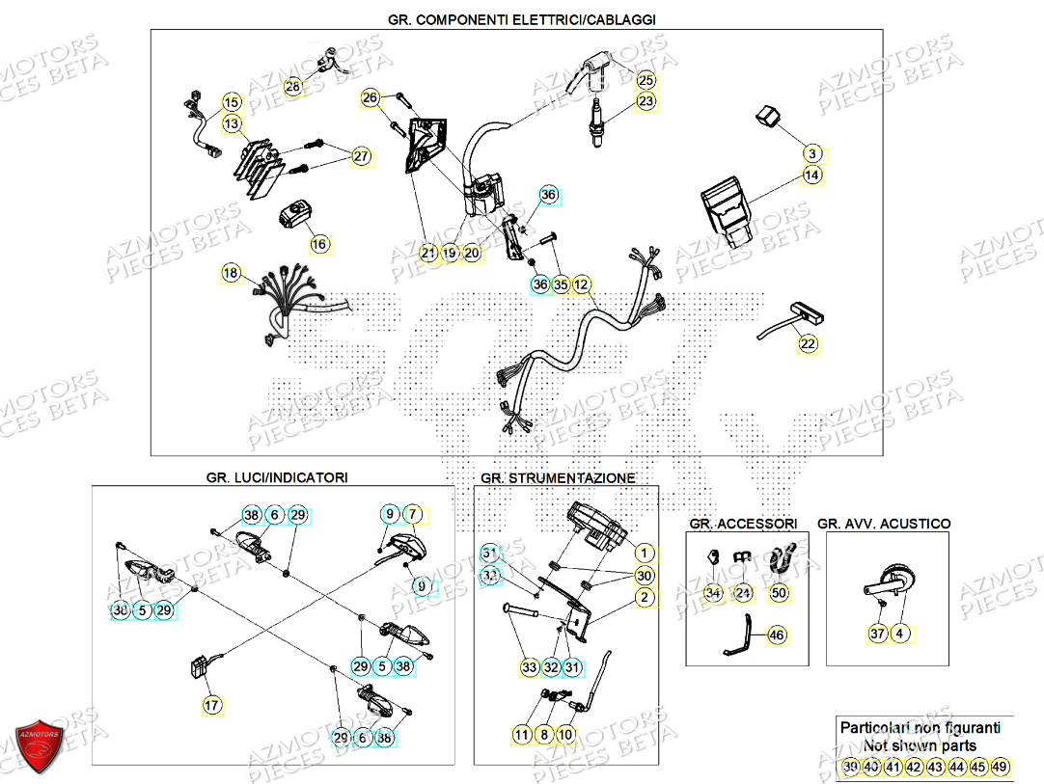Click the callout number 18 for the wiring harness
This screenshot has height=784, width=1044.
coord(230,273)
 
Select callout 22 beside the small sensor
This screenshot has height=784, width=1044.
coord(808,343)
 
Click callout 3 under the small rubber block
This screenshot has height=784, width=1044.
coord(812,154)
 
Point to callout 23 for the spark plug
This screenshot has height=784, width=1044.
coord(646,101)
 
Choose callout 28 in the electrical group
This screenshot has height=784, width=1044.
coord(293,88)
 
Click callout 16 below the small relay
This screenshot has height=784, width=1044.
coord(319,244)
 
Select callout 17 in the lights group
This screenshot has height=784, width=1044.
coord(211,706)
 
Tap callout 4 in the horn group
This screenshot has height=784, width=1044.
coord(899,634)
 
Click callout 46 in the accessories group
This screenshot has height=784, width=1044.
coord(779,635)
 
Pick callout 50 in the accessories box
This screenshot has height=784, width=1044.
coord(779,593)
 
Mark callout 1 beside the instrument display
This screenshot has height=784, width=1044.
coord(644,554)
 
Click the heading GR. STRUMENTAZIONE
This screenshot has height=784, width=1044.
coord(558,478)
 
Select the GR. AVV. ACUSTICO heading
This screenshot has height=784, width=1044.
coord(883,524)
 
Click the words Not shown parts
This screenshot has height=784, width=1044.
coord(920,745)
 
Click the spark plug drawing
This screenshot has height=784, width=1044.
coord(599,126)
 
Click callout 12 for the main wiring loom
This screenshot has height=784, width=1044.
coord(581,284)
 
